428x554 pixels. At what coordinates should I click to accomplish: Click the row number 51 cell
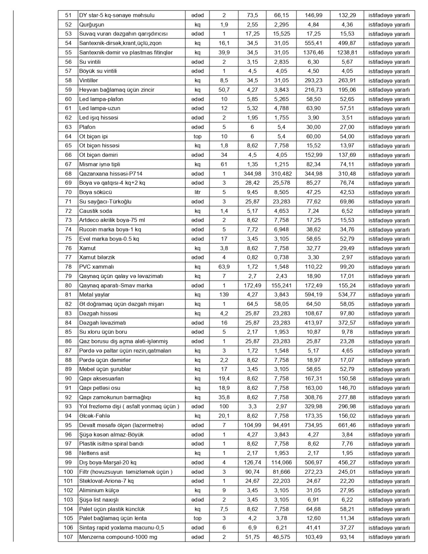68,15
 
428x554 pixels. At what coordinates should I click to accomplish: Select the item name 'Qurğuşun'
92,25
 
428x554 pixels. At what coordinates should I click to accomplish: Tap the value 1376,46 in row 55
313,53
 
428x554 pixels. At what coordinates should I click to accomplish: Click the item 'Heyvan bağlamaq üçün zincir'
117,90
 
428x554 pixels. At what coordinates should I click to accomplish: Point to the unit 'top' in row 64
197,136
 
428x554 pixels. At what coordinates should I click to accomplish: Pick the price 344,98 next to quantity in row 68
252,174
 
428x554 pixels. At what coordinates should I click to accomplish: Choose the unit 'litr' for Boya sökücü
197,192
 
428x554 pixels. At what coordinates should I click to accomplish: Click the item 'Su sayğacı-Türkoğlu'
105,202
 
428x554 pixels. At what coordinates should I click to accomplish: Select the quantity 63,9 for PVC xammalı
224,267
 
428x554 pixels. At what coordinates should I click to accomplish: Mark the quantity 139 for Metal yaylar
224,295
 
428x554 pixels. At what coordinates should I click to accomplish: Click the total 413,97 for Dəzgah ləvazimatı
313,323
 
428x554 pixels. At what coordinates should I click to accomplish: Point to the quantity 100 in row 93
224,406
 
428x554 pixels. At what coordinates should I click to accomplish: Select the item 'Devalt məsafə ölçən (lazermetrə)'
121,425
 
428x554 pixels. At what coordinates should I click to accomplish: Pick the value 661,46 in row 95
347,425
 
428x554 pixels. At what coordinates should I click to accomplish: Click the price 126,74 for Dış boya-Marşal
252,462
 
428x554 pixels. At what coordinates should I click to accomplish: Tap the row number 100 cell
68,472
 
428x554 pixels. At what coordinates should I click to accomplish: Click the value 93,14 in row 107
347,537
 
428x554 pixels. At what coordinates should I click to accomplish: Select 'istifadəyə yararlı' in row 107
389,537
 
